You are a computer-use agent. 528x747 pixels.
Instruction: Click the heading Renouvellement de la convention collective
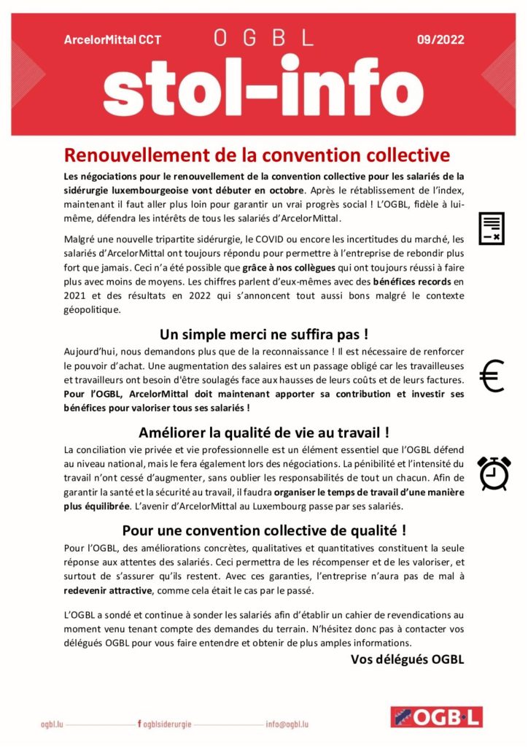pyautogui.click(x=257, y=155)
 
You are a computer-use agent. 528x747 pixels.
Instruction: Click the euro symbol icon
pyautogui.click(x=492, y=376)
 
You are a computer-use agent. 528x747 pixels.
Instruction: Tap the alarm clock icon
pyautogui.click(x=494, y=473)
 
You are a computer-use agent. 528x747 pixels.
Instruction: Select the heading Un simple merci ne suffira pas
pyautogui.click(x=263, y=335)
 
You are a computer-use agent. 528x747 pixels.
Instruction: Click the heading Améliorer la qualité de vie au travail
pyautogui.click(x=263, y=432)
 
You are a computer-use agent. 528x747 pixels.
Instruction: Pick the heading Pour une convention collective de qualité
pyautogui.click(x=263, y=530)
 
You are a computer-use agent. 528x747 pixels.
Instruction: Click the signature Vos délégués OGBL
pyautogui.click(x=407, y=659)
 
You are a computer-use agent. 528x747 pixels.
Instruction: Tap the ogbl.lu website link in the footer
pyautogui.click(x=54, y=724)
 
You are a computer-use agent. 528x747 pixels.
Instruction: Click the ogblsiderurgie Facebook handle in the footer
pyautogui.click(x=167, y=724)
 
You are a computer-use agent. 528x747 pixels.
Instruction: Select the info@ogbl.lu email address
pyautogui.click(x=287, y=724)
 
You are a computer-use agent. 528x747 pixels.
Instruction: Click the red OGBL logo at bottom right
pyautogui.click(x=435, y=718)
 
